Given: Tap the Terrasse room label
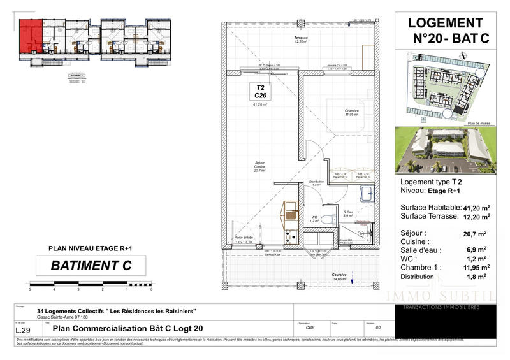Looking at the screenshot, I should [301, 40].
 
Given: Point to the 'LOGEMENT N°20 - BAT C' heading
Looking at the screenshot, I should [451, 31].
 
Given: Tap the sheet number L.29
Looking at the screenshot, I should [24, 330].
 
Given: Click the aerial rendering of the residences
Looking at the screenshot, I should [444, 150].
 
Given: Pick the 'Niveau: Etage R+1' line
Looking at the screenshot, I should [432, 191].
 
